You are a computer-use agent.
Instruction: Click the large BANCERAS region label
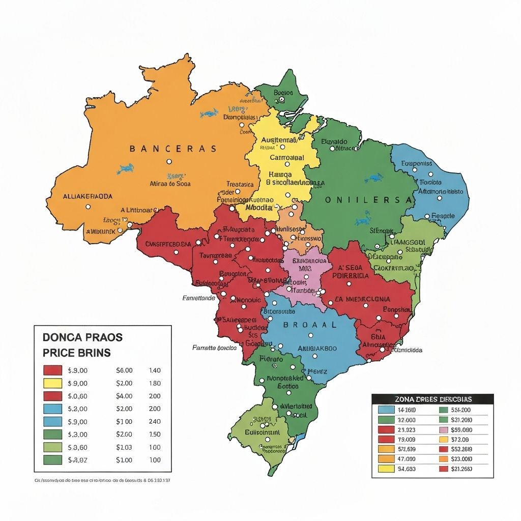pos(172,149)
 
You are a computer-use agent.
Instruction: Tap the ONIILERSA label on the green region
pos(368,200)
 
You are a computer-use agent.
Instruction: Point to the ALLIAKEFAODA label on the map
pos(88,196)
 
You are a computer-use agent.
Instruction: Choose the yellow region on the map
pos(280,163)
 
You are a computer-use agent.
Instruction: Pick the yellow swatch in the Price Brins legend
pos(52,383)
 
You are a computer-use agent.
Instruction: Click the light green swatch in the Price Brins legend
pos(52,447)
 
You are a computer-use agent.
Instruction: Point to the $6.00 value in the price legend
pos(124,370)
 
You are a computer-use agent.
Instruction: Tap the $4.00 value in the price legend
pos(124,396)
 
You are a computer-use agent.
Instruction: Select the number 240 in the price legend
pos(154,421)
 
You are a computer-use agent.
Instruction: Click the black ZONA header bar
pos(432,399)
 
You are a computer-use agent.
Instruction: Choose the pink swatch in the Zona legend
pos(443,429)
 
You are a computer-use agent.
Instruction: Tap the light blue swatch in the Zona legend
pos(386,410)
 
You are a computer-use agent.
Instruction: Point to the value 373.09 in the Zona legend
pos(459,439)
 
